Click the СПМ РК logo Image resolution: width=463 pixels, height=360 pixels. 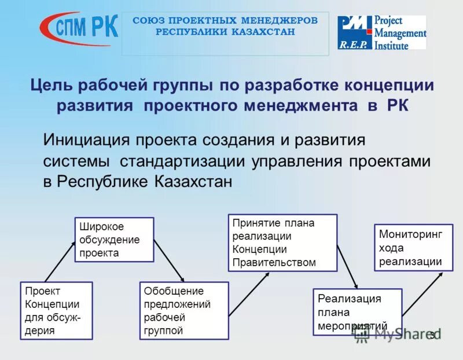pyautogui.click(x=79, y=27)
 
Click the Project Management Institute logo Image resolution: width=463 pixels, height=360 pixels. pyautogui.click(x=382, y=32)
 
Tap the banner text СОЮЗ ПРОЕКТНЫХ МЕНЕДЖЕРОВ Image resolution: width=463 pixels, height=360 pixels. pyautogui.click(x=225, y=21)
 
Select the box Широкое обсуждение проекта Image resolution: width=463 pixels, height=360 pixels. pyautogui.click(x=115, y=240)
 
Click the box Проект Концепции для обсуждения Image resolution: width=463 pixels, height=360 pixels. pyautogui.click(x=56, y=310)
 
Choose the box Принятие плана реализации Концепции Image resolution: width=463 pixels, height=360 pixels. pyautogui.click(x=281, y=243)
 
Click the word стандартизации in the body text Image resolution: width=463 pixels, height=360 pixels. pyautogui.click(x=185, y=161)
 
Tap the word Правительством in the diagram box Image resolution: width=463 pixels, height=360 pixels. pyautogui.click(x=274, y=262)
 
